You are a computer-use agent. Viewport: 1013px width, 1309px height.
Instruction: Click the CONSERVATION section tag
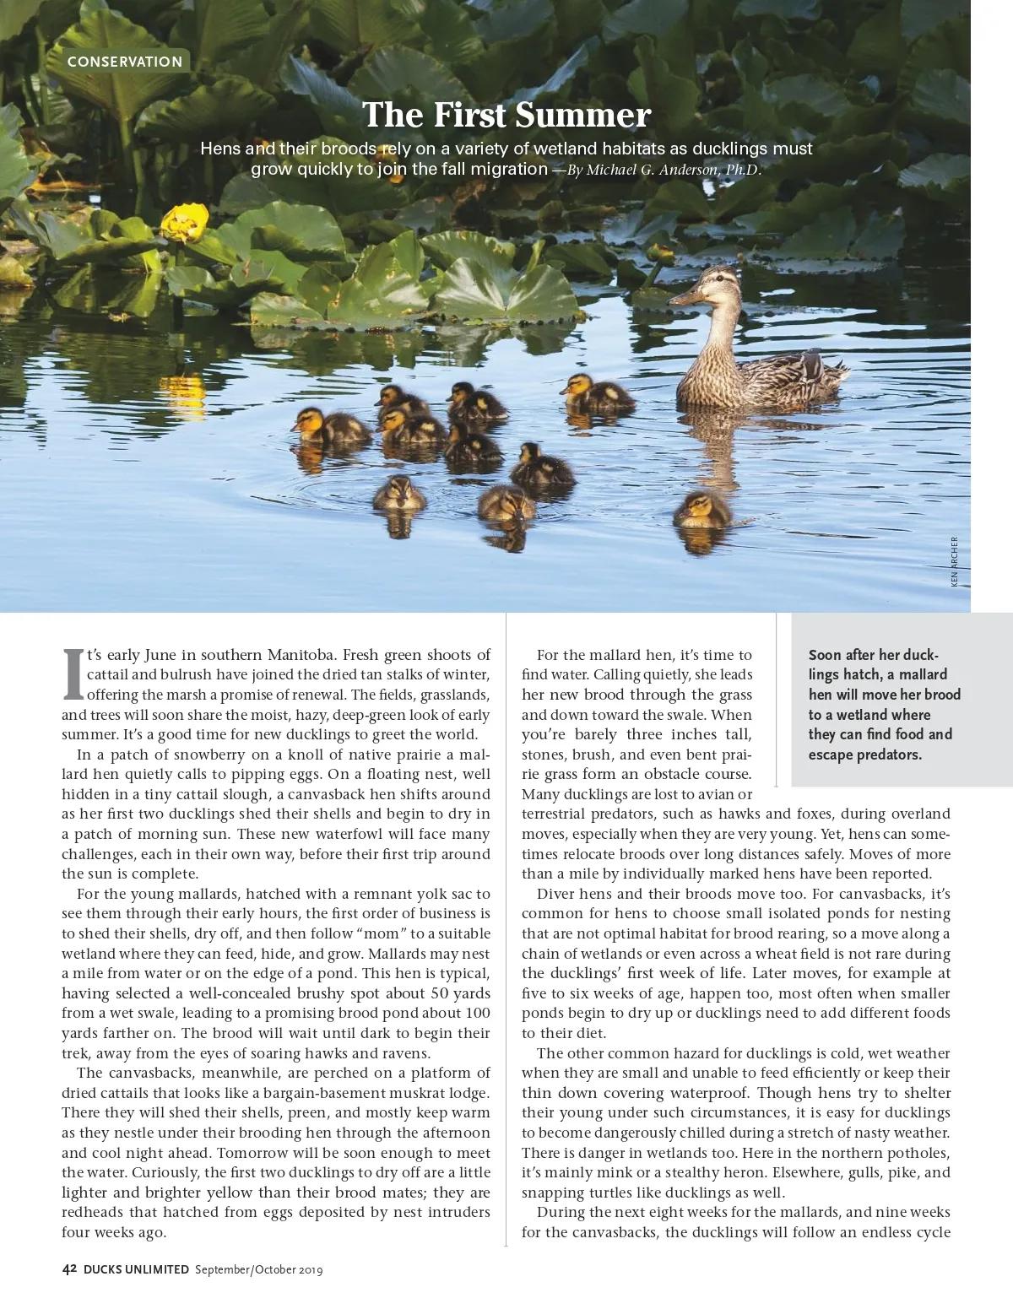point(125,62)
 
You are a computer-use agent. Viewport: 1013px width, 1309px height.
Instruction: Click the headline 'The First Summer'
point(506,115)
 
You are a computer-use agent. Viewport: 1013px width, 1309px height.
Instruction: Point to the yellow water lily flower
point(184,222)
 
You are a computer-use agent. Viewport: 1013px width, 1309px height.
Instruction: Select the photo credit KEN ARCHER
point(954,561)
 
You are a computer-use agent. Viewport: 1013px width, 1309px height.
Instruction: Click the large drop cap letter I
point(73,674)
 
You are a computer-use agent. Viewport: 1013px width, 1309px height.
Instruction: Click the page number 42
point(70,1268)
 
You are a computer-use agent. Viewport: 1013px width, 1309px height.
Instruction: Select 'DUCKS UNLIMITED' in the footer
point(136,1268)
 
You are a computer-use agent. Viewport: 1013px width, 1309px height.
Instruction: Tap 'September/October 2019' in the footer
point(258,1269)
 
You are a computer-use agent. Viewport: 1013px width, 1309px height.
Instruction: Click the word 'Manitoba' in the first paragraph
point(302,655)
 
